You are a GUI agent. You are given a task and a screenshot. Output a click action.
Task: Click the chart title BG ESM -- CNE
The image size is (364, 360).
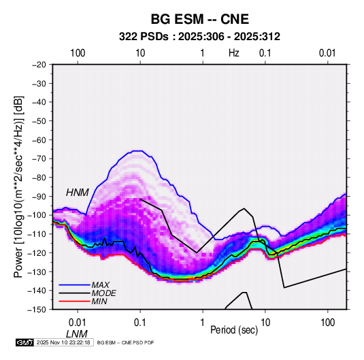click(200, 19)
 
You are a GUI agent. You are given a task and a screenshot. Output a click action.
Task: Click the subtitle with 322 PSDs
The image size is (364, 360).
click(199, 37)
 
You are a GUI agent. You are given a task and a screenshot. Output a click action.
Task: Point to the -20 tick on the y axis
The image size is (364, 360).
click(39, 65)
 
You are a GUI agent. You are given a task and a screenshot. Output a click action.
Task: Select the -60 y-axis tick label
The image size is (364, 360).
click(39, 140)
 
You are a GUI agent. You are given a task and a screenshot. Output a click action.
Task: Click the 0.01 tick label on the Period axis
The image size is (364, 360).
click(78, 323)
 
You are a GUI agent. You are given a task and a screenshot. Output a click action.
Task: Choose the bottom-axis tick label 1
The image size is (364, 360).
click(203, 323)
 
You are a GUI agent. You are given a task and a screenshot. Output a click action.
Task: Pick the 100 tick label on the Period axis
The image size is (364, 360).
click(327, 323)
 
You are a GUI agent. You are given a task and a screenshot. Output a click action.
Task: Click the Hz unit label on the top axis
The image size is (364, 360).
click(234, 53)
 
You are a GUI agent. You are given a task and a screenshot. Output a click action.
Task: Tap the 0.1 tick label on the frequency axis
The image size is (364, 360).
click(265, 53)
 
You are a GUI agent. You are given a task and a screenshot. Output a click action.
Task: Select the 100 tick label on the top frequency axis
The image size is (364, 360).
click(78, 53)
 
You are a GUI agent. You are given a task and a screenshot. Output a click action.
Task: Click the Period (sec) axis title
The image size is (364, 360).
click(234, 330)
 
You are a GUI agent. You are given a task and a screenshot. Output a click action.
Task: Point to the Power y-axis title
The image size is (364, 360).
click(18, 187)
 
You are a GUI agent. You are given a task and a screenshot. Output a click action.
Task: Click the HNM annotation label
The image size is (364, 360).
click(78, 193)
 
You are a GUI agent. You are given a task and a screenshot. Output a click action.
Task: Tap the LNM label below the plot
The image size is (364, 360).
click(77, 334)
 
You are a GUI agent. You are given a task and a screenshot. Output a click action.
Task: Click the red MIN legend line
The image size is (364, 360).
click(74, 301)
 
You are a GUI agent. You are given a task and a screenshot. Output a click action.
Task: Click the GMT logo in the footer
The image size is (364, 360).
click(25, 342)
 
